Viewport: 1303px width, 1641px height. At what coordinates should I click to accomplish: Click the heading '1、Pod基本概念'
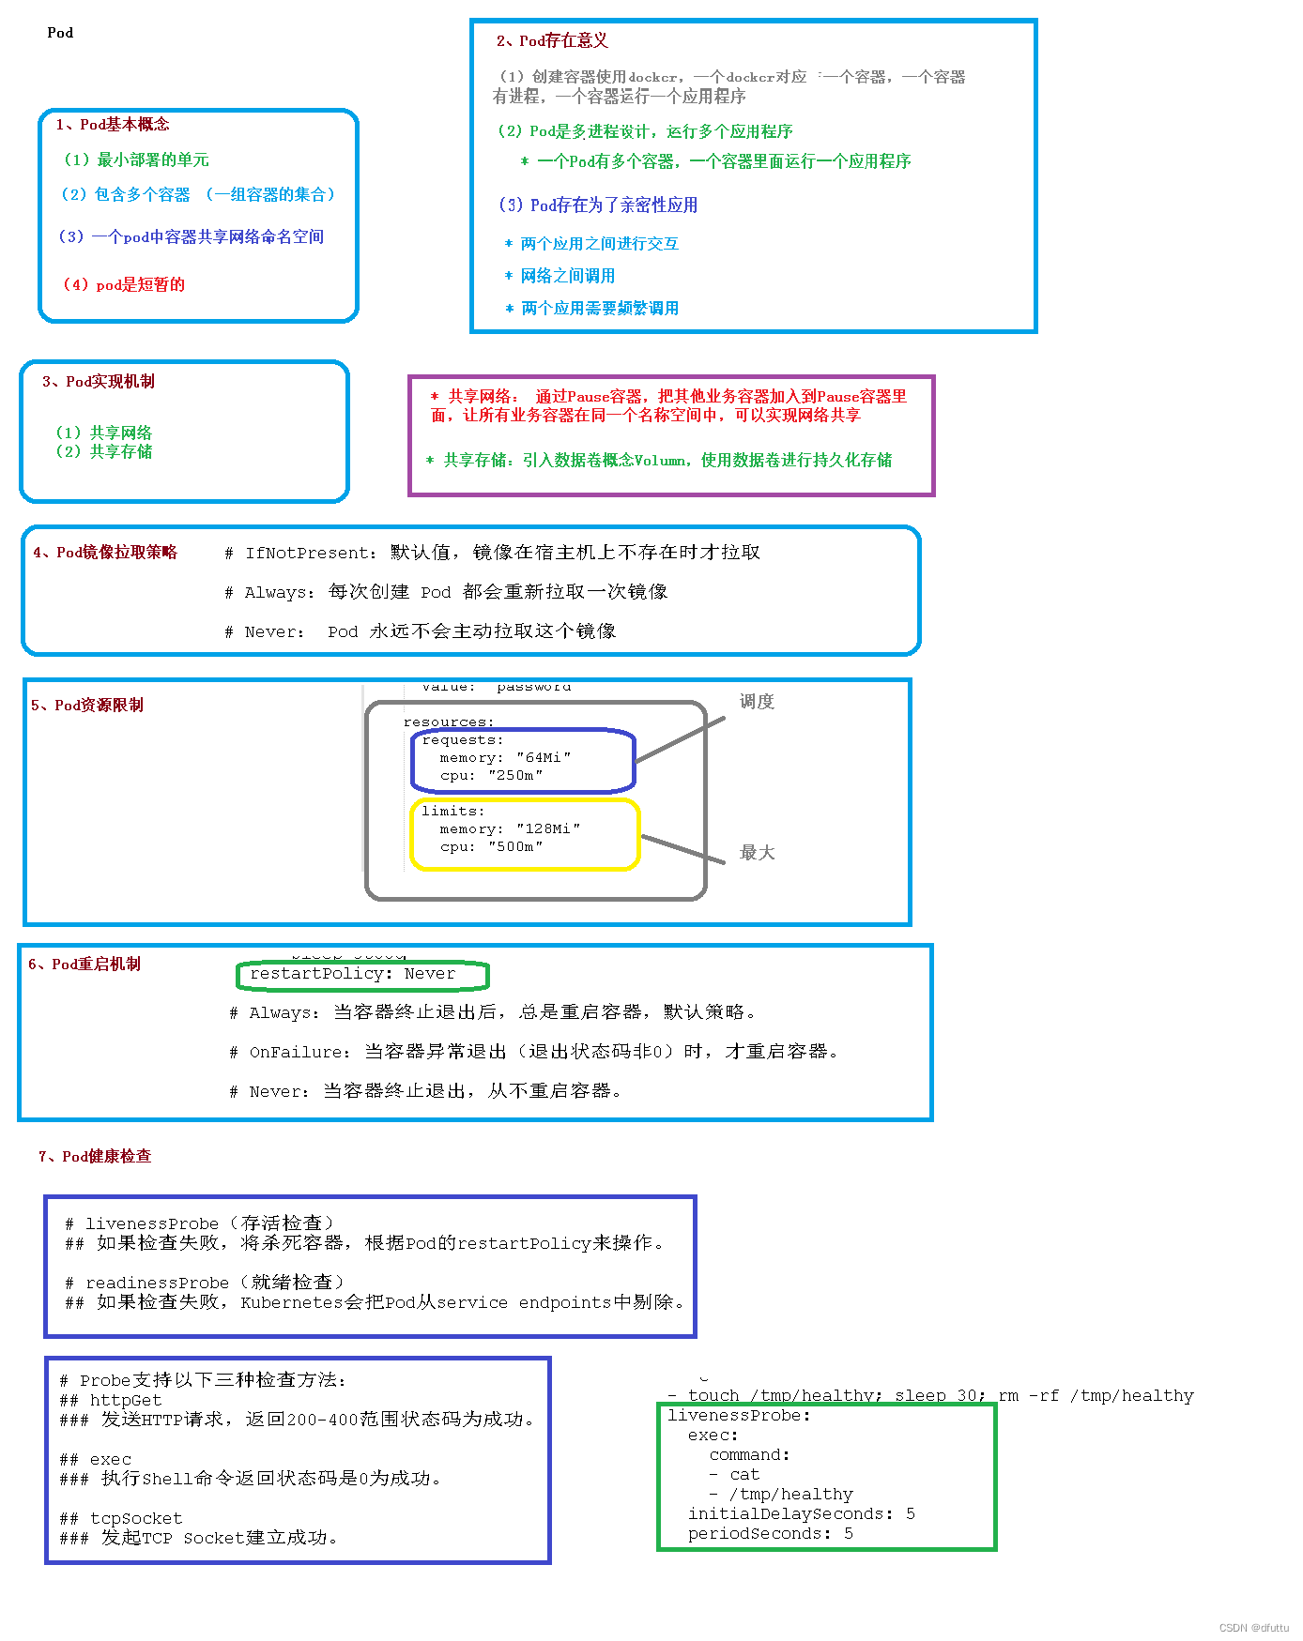coord(112,125)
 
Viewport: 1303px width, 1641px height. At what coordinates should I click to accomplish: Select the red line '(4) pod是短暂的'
coord(124,284)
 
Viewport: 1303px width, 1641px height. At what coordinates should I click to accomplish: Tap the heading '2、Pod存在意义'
coord(552,40)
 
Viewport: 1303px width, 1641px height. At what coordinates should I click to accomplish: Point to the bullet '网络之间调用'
coord(567,276)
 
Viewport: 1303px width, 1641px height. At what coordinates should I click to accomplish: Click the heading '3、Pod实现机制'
coord(98,382)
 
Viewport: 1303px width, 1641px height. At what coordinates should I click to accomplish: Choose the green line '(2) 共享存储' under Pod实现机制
coord(103,451)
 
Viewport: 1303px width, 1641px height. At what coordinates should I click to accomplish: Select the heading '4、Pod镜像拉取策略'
coord(104,553)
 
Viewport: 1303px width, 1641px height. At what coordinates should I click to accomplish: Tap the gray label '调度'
coord(757,702)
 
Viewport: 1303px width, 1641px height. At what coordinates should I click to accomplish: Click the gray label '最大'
coord(757,852)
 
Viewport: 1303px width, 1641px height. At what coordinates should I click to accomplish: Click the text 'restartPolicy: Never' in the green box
coord(352,974)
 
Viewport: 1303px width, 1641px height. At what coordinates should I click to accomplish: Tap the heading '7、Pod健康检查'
coord(94,1157)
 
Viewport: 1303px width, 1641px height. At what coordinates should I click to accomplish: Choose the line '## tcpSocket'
coord(121,1518)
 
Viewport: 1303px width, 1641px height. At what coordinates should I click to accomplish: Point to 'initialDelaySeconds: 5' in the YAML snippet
coord(801,1513)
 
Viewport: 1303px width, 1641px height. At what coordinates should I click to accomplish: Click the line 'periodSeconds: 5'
coord(770,1533)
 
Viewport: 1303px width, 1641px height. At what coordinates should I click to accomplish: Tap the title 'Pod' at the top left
coord(60,33)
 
